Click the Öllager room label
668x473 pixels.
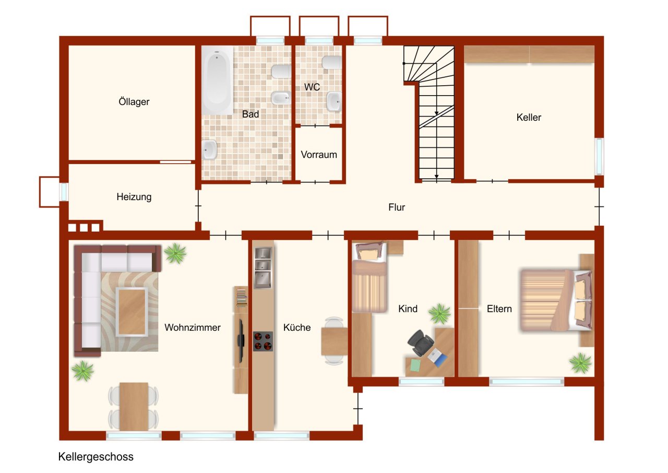[134, 101]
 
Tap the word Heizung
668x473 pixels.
[134, 197]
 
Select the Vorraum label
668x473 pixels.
[319, 155]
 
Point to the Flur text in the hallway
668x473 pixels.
[396, 207]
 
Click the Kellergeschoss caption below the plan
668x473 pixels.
[96, 457]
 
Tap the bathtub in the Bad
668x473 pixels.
[217, 80]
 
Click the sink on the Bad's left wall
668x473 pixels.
[209, 149]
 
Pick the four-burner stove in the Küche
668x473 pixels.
[263, 341]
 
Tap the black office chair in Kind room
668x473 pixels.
[420, 343]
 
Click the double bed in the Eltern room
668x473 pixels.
[556, 301]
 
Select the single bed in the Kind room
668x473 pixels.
[369, 278]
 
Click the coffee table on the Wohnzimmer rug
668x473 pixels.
[132, 312]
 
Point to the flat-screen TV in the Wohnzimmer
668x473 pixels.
[241, 341]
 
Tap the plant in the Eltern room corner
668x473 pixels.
[580, 363]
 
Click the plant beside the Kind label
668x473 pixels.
[439, 314]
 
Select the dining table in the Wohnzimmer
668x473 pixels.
[134, 407]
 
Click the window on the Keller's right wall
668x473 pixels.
[599, 156]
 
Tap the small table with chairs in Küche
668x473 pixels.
[334, 341]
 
